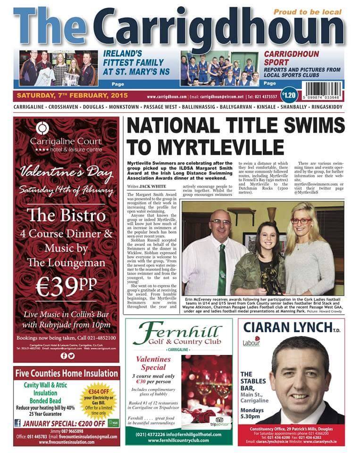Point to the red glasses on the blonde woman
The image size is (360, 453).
[x=301, y=221]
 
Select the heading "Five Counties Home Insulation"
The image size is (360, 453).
[x=67, y=373]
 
